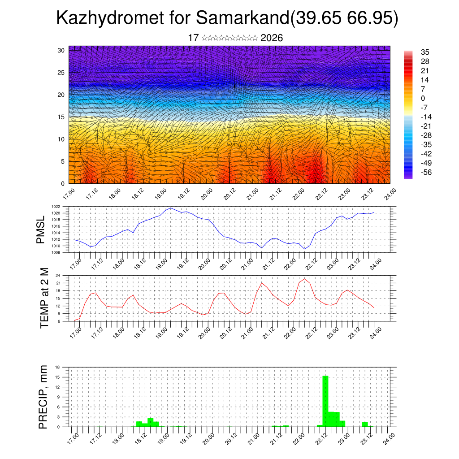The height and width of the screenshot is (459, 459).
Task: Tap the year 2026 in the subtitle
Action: pos(271,38)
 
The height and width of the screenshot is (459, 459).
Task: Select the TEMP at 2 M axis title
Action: pos(44,298)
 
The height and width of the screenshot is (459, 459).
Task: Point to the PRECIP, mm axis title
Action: pos(43,397)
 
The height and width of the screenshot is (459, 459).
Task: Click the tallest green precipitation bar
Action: pos(325,401)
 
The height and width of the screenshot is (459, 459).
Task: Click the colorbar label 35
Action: pos(425,52)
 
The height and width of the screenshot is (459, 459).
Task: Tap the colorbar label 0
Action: pos(423,98)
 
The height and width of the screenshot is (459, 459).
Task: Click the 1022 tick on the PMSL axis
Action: pos(62,207)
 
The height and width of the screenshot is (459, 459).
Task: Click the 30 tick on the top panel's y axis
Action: pos(61,50)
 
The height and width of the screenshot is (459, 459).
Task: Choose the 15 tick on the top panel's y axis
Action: pos(61,117)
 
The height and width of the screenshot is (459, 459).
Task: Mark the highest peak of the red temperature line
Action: pos(304,279)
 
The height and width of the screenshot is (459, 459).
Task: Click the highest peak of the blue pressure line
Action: pos(171,208)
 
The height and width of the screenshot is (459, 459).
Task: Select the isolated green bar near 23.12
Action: pos(365,424)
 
